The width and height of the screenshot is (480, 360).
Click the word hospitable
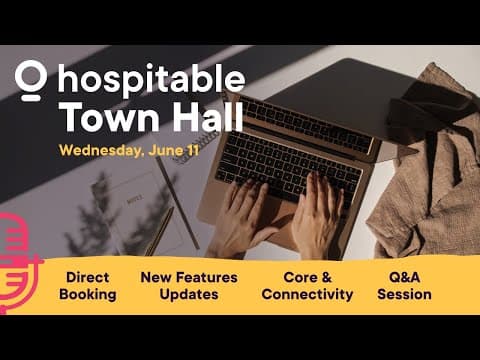(x=151, y=80)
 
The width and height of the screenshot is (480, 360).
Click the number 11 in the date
(x=192, y=151)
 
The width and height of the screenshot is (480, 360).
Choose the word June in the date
(x=161, y=151)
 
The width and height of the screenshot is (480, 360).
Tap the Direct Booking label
(x=87, y=285)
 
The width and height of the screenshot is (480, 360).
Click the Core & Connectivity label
(x=307, y=285)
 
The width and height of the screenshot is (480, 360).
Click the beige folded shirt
(x=426, y=170)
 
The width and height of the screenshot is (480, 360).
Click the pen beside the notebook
(x=159, y=230)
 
